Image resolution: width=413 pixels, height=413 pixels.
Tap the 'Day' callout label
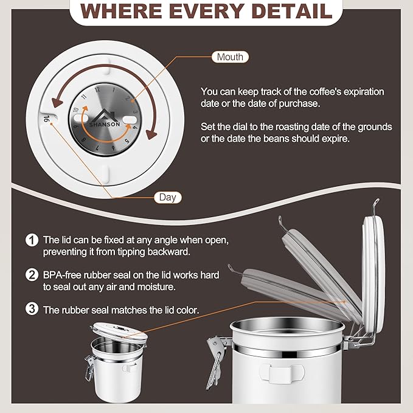pyautogui.click(x=167, y=198)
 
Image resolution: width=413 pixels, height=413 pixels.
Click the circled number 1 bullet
pyautogui.click(x=32, y=240)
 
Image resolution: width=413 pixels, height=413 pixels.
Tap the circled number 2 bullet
pyautogui.click(x=32, y=275)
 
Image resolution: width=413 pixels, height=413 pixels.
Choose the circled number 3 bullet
pyautogui.click(x=32, y=310)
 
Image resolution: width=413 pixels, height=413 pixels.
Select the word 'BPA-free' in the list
pyautogui.click(x=62, y=275)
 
